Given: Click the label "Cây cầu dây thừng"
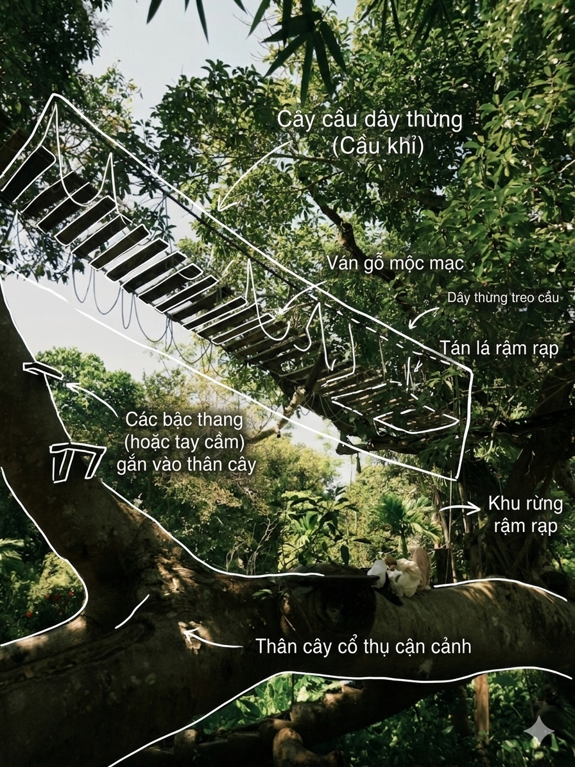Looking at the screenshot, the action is [x=370, y=120].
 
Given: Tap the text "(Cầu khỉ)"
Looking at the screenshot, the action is [x=377, y=146].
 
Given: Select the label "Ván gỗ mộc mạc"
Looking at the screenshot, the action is [x=395, y=264].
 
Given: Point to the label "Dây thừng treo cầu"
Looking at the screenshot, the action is [x=502, y=298].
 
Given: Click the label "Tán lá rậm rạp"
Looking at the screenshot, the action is [x=499, y=349].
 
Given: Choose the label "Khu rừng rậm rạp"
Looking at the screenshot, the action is [x=526, y=515].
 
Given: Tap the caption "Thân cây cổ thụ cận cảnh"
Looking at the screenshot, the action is [x=363, y=646].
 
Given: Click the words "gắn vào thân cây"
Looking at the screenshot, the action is [x=186, y=464].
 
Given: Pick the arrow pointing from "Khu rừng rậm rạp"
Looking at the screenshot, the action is [x=460, y=509].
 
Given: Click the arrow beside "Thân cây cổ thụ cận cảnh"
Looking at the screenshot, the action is [x=212, y=639].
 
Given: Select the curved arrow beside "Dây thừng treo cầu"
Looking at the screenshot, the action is [x=424, y=317].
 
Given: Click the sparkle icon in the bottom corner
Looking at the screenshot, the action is [x=539, y=731].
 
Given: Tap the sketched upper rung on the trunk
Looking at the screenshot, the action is [x=43, y=370].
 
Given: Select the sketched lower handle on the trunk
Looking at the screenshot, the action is [x=77, y=460].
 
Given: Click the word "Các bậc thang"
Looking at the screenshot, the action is [x=184, y=420].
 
